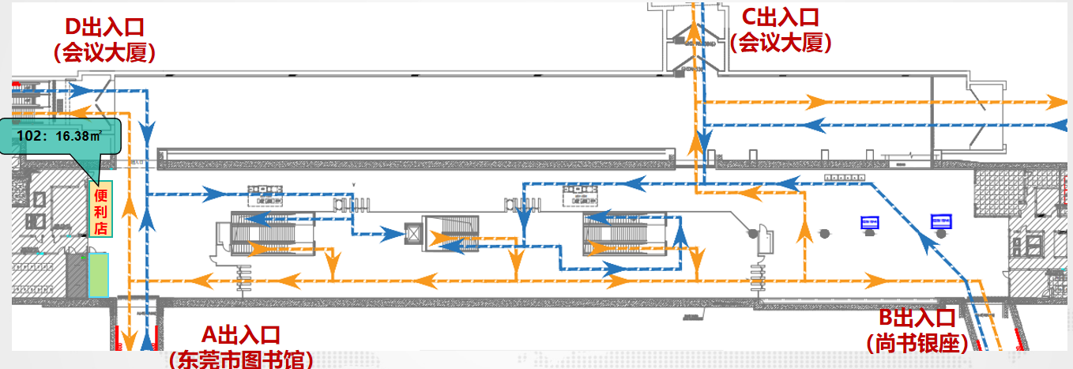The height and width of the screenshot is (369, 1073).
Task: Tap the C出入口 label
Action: pyautogui.click(x=781, y=17)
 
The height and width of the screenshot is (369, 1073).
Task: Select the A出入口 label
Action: pyautogui.click(x=241, y=335)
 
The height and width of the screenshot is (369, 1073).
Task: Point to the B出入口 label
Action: pyautogui.click(x=917, y=318)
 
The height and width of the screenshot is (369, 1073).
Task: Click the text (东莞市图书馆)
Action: pyautogui.click(x=241, y=360)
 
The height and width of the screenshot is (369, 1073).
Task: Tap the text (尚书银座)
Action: pyautogui.click(x=917, y=344)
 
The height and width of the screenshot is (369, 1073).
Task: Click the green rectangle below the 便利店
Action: pyautogui.click(x=99, y=274)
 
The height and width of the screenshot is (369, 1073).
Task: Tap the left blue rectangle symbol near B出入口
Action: pyautogui.click(x=869, y=222)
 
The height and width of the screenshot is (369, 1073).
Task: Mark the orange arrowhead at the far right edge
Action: pyautogui.click(x=1056, y=101)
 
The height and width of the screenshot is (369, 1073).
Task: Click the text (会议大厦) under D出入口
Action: pyautogui.click(x=104, y=53)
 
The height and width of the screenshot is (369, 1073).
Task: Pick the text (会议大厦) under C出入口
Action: pyautogui.click(x=781, y=42)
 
